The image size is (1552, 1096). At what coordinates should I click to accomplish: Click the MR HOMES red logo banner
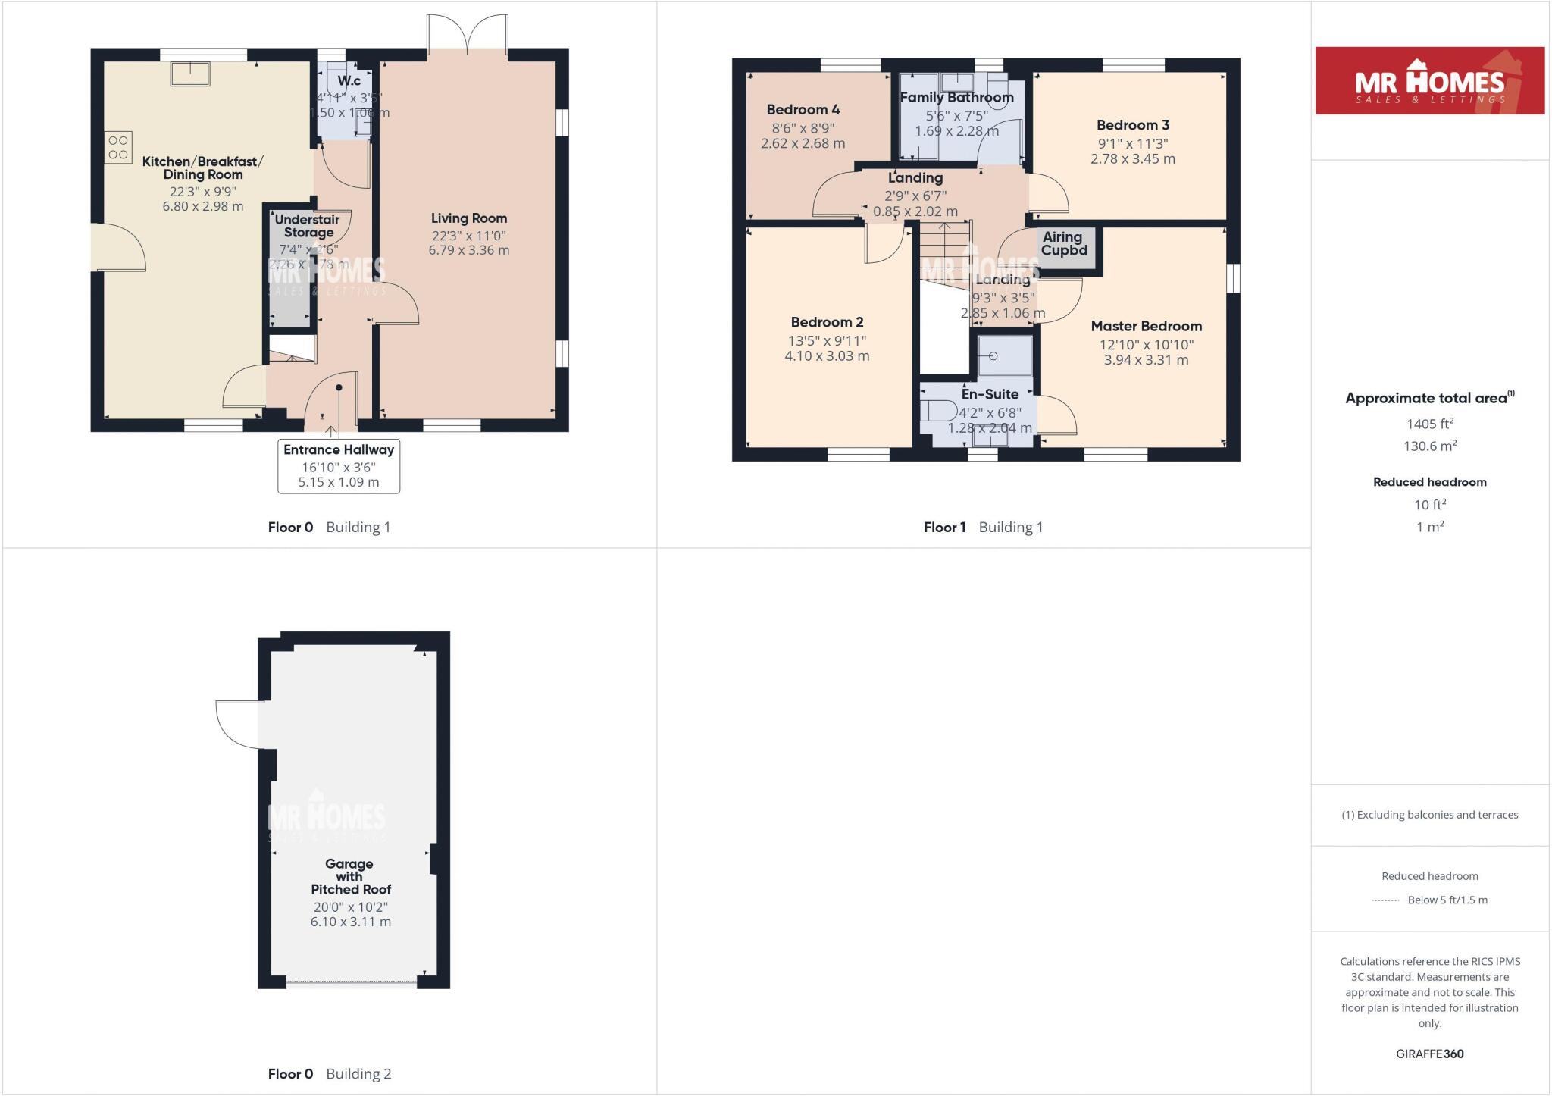(1429, 80)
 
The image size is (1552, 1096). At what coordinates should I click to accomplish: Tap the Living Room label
(468, 218)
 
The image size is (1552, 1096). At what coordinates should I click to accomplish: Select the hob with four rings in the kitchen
(118, 147)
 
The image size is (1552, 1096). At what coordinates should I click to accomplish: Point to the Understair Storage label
(308, 226)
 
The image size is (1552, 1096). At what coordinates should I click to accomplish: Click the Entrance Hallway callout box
(339, 466)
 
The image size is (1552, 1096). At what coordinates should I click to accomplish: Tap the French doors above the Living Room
(468, 34)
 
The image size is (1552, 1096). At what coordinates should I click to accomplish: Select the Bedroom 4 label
(803, 110)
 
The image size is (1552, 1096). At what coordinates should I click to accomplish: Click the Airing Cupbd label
(1063, 243)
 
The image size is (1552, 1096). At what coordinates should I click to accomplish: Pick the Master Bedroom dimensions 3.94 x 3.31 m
(1146, 360)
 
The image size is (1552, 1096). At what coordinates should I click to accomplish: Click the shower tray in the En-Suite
(1004, 355)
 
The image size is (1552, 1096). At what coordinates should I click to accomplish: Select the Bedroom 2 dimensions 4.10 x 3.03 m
(827, 355)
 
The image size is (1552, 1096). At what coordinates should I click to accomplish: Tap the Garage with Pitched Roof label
(349, 876)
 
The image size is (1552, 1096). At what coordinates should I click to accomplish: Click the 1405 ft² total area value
(1429, 424)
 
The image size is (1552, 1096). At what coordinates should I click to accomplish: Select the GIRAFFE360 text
(1429, 1054)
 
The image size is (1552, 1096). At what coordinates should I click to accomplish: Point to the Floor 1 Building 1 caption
(983, 527)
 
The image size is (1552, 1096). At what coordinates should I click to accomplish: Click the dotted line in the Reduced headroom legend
(1385, 900)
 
